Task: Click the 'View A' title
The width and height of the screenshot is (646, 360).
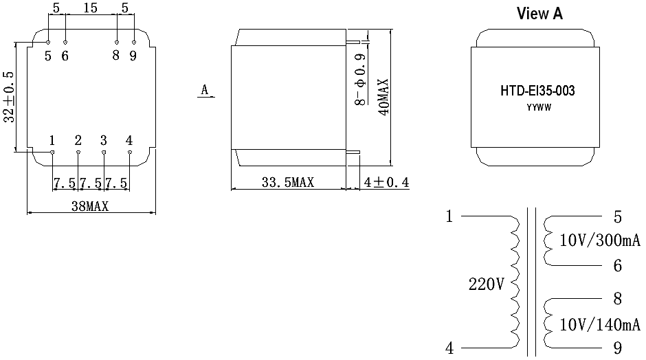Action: pyautogui.click(x=539, y=14)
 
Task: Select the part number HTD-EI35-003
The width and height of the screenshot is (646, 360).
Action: pyautogui.click(x=537, y=91)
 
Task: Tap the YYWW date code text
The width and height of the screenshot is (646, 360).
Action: pyautogui.click(x=539, y=108)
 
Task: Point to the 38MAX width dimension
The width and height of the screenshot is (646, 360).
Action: pyautogui.click(x=90, y=206)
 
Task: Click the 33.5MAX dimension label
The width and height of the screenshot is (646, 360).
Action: pyautogui.click(x=287, y=182)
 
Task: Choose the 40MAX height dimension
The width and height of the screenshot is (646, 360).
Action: pyautogui.click(x=383, y=97)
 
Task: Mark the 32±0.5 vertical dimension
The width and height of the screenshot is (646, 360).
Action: pyautogui.click(x=9, y=97)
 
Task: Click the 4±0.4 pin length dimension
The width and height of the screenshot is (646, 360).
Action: pyautogui.click(x=386, y=182)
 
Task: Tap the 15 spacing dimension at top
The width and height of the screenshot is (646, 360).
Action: pyautogui.click(x=90, y=8)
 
